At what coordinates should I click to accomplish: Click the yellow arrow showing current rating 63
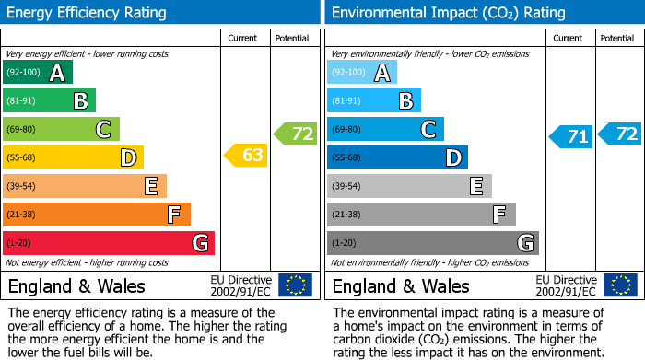(246, 156)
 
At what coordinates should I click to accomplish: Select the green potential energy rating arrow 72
(295, 134)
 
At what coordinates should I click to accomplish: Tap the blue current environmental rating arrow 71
(571, 137)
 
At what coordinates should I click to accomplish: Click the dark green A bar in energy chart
(38, 73)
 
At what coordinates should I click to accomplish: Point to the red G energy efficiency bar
(109, 243)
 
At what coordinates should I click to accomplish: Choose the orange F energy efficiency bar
(97, 215)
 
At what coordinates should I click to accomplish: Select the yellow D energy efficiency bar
(73, 157)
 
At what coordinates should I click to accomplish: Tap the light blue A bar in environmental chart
(362, 73)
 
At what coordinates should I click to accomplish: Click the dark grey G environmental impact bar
(432, 243)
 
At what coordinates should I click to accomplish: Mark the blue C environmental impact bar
(385, 130)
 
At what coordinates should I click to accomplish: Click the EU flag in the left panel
(295, 285)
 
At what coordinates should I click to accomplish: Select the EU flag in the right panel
(619, 285)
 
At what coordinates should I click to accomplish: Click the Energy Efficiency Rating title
(88, 13)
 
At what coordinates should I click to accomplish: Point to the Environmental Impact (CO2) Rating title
(448, 13)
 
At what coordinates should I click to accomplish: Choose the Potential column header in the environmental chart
(617, 38)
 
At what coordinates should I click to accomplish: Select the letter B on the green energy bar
(80, 101)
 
